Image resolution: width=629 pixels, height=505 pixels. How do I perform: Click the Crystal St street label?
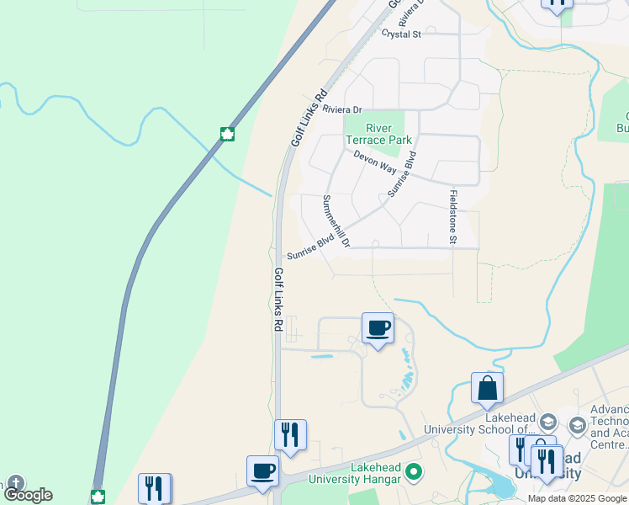click(401, 34)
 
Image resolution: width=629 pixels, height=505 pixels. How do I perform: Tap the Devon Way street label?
click(374, 162)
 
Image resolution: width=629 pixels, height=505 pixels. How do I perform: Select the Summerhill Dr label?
click(336, 221)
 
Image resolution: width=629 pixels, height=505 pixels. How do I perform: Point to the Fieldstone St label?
click(452, 218)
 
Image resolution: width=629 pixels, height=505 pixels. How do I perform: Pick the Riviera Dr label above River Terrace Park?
click(341, 109)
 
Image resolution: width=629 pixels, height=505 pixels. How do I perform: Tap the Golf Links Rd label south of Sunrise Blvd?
click(277, 299)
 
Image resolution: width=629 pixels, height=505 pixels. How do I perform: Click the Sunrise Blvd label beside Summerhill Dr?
click(309, 247)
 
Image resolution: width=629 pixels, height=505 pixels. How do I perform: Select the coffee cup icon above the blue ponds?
click(378, 328)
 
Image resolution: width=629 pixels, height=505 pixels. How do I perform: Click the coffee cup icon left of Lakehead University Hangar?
click(262, 470)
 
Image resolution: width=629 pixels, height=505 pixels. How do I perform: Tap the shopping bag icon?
click(487, 388)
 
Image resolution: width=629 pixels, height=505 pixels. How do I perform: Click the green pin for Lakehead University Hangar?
click(413, 472)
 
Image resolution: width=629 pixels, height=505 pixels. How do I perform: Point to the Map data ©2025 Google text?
click(578, 498)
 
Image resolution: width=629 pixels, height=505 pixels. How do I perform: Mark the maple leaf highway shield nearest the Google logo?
click(98, 496)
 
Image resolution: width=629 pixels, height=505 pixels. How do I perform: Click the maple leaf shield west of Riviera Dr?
click(226, 134)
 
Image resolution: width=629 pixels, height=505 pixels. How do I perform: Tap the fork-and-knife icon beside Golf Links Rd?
click(290, 435)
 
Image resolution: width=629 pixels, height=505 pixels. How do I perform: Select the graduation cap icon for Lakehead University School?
click(547, 422)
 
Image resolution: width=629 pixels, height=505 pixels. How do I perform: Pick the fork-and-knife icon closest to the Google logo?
click(155, 487)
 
